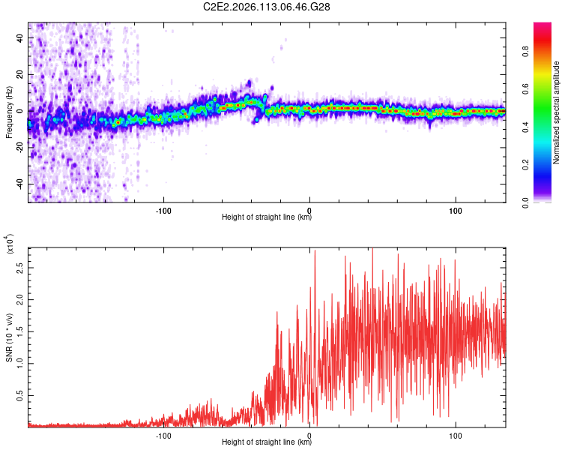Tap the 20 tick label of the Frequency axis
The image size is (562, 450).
[20, 74]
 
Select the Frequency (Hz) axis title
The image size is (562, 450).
[8, 112]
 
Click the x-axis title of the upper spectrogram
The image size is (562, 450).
[267, 217]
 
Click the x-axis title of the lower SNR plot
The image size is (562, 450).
[267, 442]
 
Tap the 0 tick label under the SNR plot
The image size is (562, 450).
[309, 433]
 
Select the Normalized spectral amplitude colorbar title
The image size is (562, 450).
[557, 112]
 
